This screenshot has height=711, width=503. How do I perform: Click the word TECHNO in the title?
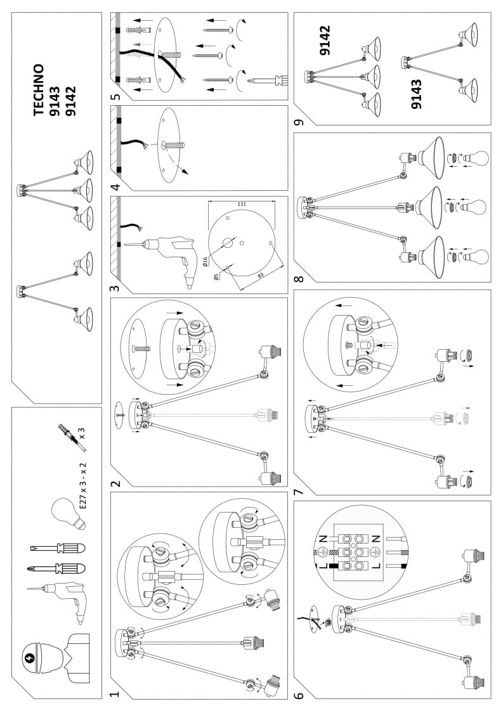click(x=39, y=89)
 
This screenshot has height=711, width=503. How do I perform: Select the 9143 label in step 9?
click(x=417, y=94)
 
